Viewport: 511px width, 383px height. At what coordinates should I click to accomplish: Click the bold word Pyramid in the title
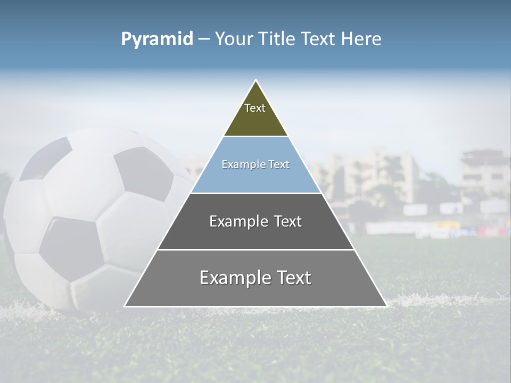pos(157,39)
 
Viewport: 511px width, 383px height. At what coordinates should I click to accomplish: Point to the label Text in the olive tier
pos(255,108)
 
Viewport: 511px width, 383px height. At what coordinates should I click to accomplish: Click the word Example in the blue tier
pos(242,164)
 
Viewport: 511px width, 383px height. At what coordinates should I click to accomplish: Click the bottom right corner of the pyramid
pos(386,306)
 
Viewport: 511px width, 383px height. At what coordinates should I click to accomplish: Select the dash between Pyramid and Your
pos(204,39)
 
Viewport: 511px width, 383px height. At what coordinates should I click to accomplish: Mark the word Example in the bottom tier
pos(232,278)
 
